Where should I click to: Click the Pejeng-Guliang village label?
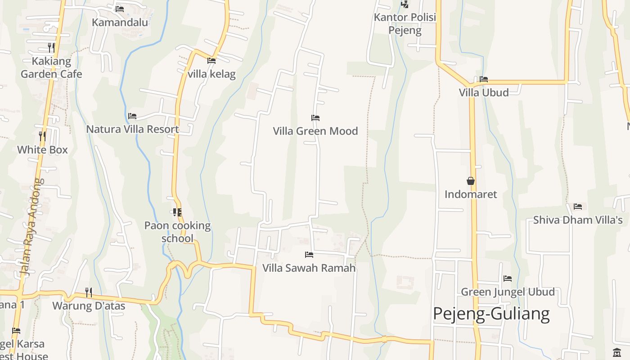coord(491,314)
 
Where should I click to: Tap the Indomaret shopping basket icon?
coord(471,181)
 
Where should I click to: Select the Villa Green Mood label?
coord(315,131)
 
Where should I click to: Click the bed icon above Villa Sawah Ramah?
coord(309,255)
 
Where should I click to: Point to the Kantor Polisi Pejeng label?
coord(405,24)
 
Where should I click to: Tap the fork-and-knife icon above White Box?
coord(42,136)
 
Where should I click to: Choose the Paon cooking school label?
coord(177,232)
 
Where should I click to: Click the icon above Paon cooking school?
coord(177,212)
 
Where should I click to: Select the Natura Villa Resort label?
coord(132,129)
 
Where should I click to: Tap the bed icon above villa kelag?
coord(211,61)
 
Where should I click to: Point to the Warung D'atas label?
coord(89,306)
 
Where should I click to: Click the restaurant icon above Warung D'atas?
coord(89,292)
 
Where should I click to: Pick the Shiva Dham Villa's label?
coord(578,220)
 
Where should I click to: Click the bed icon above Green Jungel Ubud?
coord(508,279)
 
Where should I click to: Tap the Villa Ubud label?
coord(484,93)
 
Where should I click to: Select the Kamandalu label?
coord(120,22)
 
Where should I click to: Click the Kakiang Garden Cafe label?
coord(51,67)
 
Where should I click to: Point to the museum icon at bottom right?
coord(616,352)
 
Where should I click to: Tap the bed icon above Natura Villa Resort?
coord(132,116)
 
